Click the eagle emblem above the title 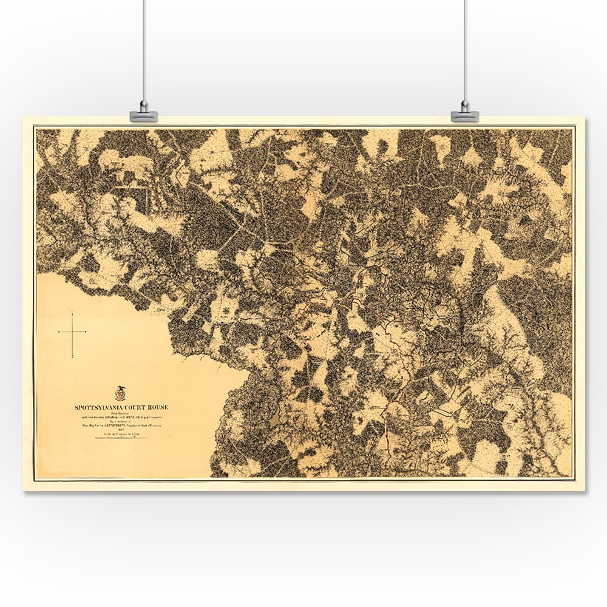pos(120,393)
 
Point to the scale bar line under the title pos(121,438)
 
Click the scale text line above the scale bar pos(121,434)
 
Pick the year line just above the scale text pos(121,430)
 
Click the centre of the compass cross pos(72,332)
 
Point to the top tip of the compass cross pos(72,312)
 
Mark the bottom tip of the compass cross pos(72,357)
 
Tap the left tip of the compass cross pos(59,332)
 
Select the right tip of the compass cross pos(86,332)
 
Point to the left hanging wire pos(143,49)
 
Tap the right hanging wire pos(464,49)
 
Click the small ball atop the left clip pos(143,104)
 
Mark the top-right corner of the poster pos(584,118)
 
